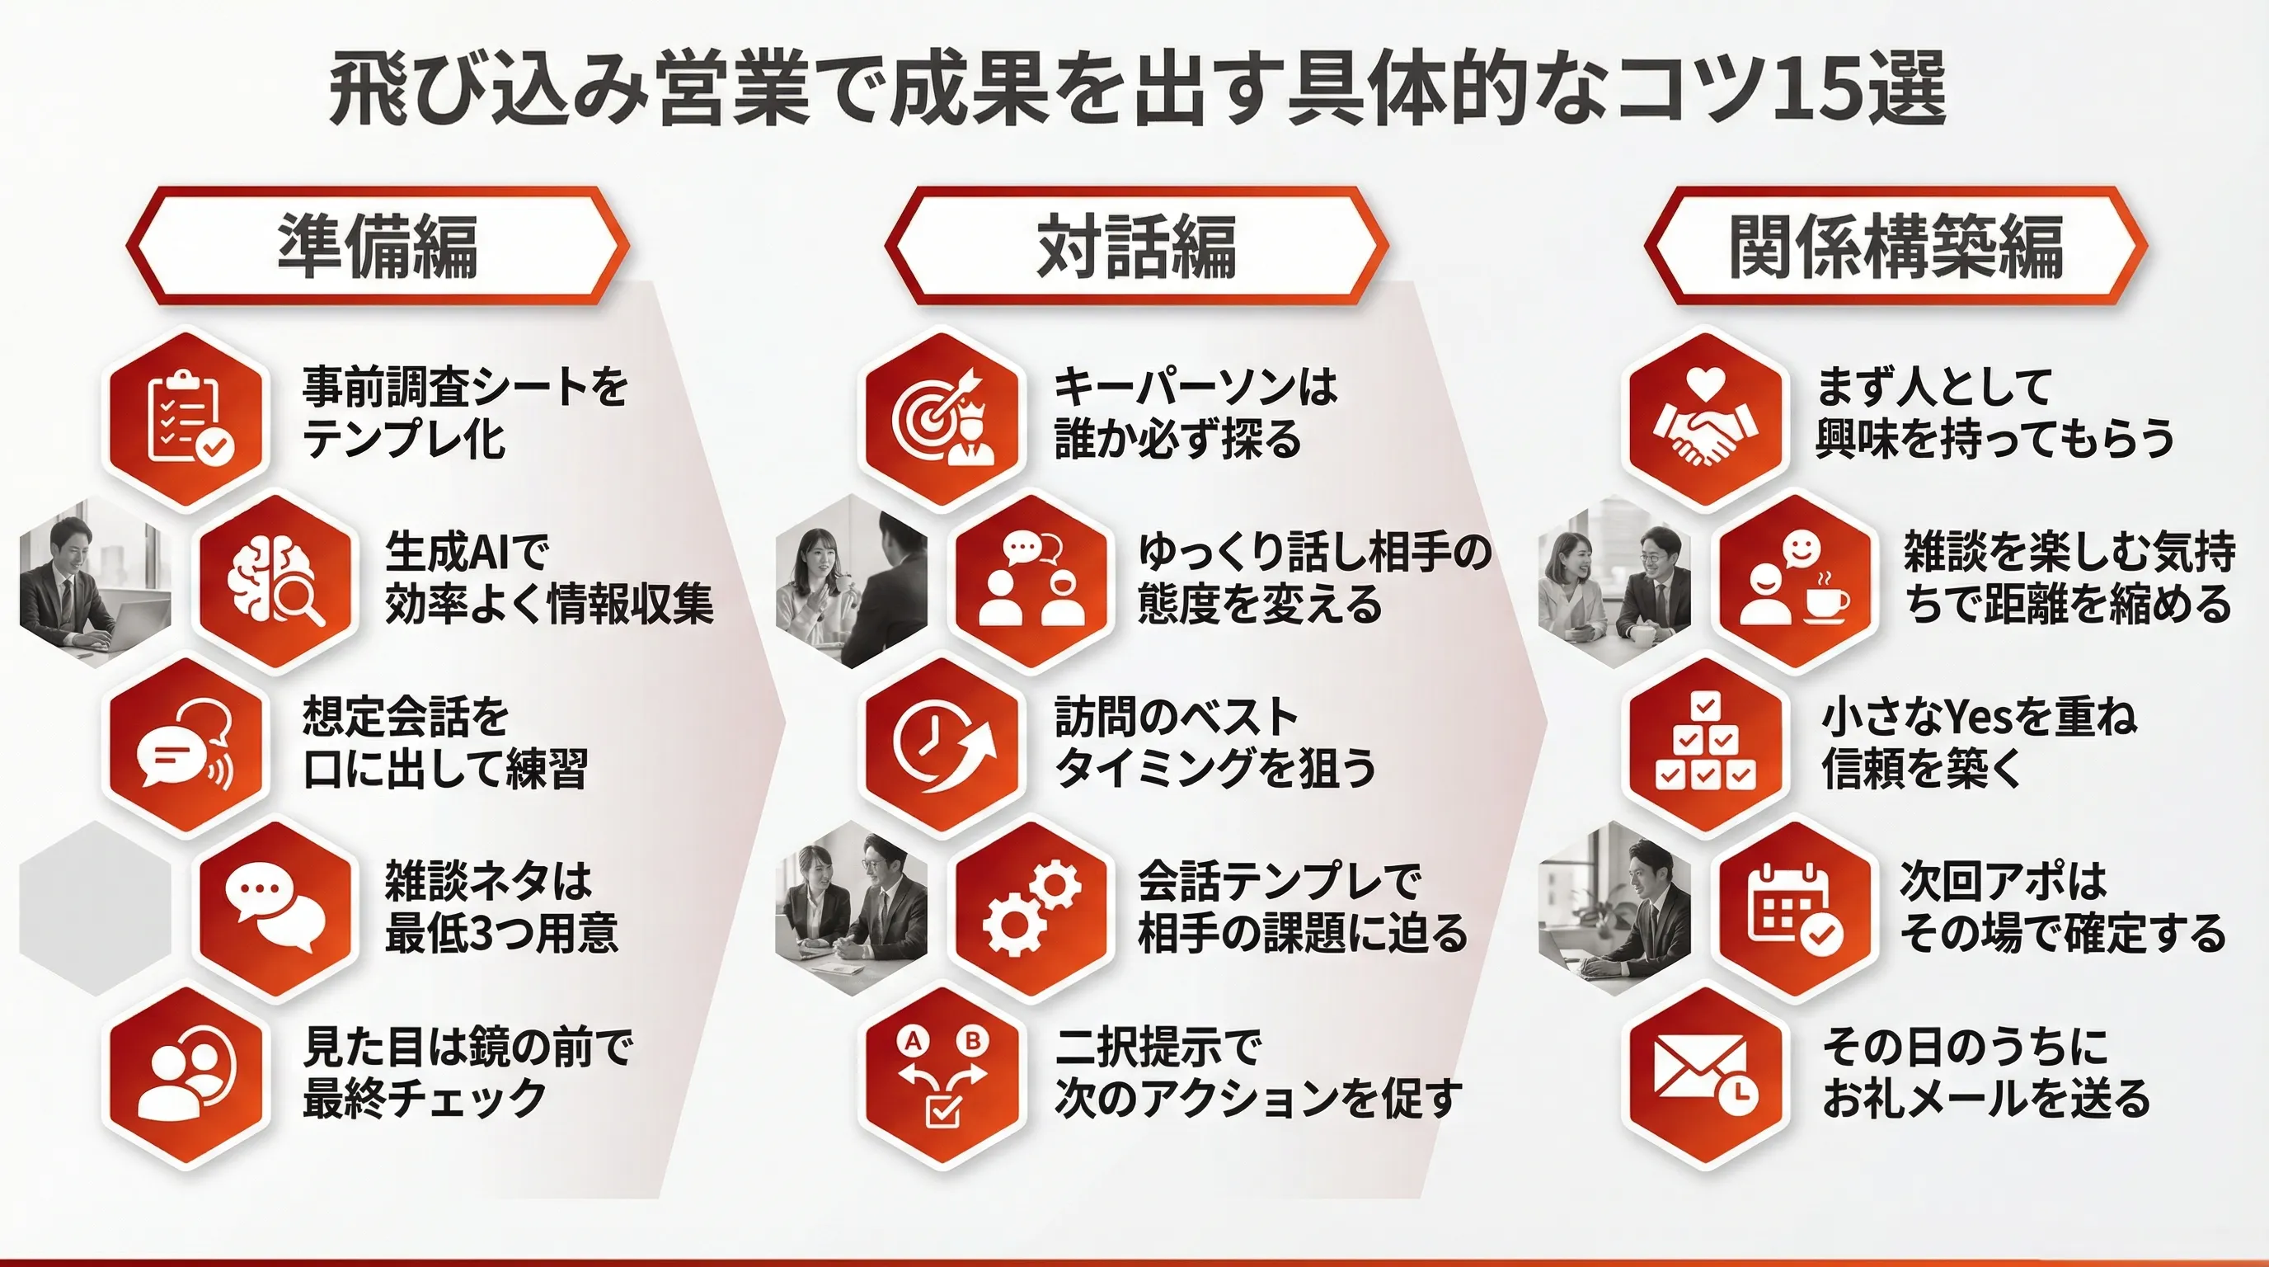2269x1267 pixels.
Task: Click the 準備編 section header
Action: tap(378, 246)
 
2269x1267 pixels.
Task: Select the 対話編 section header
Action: tap(1136, 246)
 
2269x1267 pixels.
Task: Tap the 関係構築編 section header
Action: tap(1896, 246)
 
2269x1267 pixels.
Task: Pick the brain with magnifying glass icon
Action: tap(275, 582)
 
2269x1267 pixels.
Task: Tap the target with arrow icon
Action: tap(943, 417)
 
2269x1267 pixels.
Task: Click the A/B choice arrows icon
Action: tap(943, 1076)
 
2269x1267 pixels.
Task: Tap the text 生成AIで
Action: tap(467, 553)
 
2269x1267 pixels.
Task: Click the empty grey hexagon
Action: tap(95, 908)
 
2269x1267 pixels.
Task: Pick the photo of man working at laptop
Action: tap(95, 582)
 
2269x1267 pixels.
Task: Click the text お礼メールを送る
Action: tap(1985, 1099)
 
